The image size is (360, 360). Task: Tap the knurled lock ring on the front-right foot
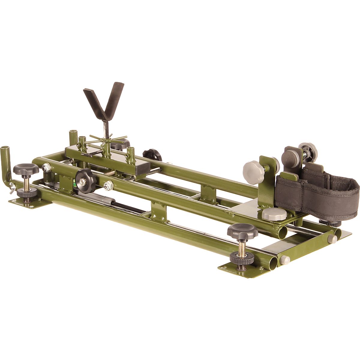coord(241,258)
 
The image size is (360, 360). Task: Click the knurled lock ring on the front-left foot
coord(26,193)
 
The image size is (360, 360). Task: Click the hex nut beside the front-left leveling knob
coord(46,168)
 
